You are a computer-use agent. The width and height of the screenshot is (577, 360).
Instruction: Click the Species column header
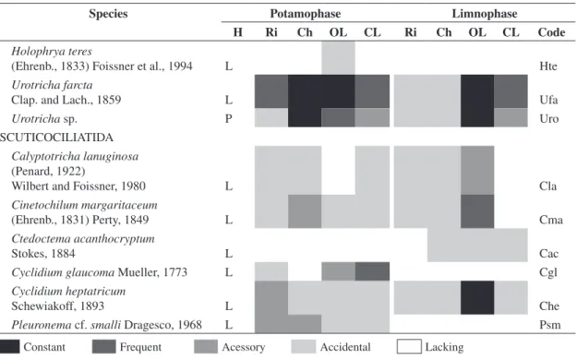pyautogui.click(x=108, y=14)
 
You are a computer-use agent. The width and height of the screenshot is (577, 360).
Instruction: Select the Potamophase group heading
pyautogui.click(x=305, y=14)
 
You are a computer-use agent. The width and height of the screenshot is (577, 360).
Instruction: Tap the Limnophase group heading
pyautogui.click(x=485, y=14)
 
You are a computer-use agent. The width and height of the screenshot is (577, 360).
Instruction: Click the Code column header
pyautogui.click(x=551, y=32)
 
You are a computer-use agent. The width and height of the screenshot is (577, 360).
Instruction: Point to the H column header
pyautogui.click(x=237, y=32)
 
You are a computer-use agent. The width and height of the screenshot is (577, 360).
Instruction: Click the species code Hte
pyautogui.click(x=548, y=66)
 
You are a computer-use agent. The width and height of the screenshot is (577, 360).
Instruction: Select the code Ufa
pyautogui.click(x=548, y=100)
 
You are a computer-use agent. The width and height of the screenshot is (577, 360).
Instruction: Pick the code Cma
pyautogui.click(x=551, y=220)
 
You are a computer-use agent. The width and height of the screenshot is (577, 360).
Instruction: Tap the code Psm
pyautogui.click(x=550, y=325)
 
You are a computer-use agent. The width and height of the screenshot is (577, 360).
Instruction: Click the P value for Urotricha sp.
pyautogui.click(x=229, y=119)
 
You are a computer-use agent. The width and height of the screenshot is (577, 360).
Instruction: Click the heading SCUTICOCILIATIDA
pyautogui.click(x=56, y=138)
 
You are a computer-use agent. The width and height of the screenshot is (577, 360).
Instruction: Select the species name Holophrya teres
pyautogui.click(x=52, y=51)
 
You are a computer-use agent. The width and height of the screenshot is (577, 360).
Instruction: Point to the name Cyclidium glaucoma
pyautogui.click(x=63, y=272)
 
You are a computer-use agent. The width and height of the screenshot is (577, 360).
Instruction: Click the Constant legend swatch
pyautogui.click(x=9, y=347)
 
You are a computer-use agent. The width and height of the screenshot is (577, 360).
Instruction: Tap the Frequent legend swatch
pyautogui.click(x=103, y=347)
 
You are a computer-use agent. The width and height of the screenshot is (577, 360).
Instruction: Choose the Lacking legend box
pyautogui.click(x=409, y=347)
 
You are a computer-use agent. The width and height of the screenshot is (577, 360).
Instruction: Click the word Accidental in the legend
pyautogui.click(x=345, y=347)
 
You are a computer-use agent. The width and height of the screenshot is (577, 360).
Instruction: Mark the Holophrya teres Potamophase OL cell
pyautogui.click(x=339, y=58)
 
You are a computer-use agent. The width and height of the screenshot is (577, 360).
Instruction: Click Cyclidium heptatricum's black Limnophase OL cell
pyautogui.click(x=477, y=298)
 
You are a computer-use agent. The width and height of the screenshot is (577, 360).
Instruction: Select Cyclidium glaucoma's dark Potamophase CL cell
pyautogui.click(x=372, y=271)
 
